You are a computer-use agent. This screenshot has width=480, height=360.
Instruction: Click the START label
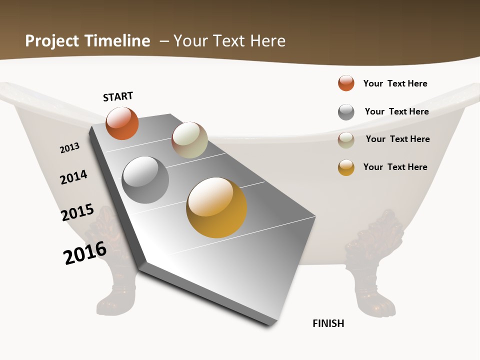pyautogui.click(x=118, y=96)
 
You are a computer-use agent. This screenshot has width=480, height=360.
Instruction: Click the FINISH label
pyautogui.click(x=328, y=323)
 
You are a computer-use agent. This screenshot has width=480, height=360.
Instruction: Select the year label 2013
pyautogui.click(x=69, y=148)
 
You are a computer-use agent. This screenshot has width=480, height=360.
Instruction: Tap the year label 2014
pyautogui.click(x=73, y=177)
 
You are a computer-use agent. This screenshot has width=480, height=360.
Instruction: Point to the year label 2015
pyautogui.click(x=77, y=212)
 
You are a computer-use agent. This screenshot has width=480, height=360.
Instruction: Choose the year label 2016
pyautogui.click(x=85, y=253)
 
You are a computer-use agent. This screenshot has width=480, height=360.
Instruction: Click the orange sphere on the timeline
pyautogui.click(x=122, y=123)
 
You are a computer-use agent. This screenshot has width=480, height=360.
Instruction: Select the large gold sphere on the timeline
pyautogui.click(x=216, y=207)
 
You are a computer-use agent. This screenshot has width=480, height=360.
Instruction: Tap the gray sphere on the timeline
pyautogui.click(x=145, y=179)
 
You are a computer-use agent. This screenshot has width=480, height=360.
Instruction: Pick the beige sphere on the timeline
pyautogui.click(x=189, y=140)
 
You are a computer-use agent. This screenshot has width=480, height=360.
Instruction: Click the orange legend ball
pyautogui.click(x=346, y=83)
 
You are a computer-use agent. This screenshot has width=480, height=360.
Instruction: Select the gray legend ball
pyautogui.click(x=346, y=112)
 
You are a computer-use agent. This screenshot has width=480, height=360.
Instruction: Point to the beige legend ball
pyautogui.click(x=346, y=140)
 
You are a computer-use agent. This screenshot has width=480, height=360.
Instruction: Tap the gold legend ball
pyautogui.click(x=346, y=167)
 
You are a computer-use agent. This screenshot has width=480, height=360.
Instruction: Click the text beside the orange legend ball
pyautogui.click(x=395, y=83)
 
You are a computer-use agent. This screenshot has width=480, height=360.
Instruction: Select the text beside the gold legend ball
pyautogui.click(x=395, y=167)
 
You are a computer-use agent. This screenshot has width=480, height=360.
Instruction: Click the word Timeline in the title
pyautogui.click(x=118, y=41)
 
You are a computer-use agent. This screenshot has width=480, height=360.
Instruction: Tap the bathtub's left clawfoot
pyautogui.click(x=112, y=270)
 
